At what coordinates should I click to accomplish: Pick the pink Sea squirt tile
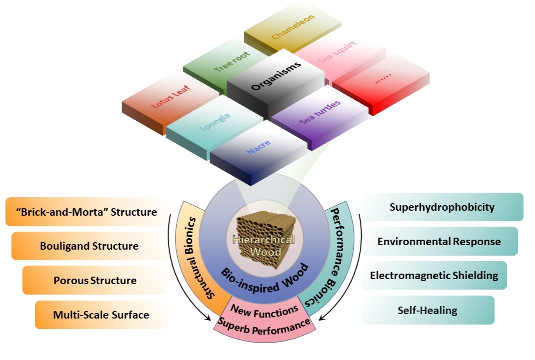tap(340, 56)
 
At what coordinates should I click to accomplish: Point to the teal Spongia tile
tap(215, 124)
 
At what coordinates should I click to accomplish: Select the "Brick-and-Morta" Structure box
tap(87, 212)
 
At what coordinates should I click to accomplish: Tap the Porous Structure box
tap(95, 280)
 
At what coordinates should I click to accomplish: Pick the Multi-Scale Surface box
tap(101, 315)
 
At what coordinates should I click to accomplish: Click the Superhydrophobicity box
tap(442, 207)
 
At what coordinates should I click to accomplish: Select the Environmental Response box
tap(439, 242)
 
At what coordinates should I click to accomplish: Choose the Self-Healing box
tap(428, 310)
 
